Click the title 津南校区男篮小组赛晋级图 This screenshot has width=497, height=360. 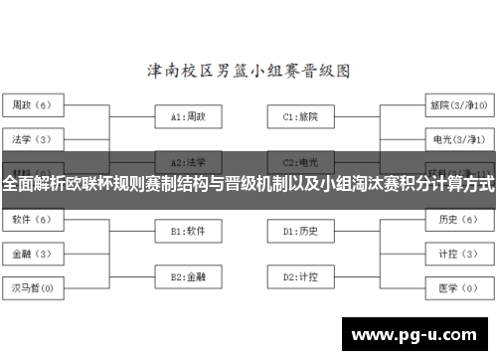[x=248, y=72]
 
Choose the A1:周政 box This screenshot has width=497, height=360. [x=188, y=116]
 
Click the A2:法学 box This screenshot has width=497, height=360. [x=188, y=161]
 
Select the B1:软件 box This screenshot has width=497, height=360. [x=188, y=231]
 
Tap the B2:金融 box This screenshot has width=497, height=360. [x=188, y=275]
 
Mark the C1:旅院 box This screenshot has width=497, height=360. [x=301, y=116]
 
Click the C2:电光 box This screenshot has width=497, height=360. [x=301, y=161]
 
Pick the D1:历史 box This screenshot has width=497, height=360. [x=301, y=231]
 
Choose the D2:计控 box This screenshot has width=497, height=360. [x=301, y=275]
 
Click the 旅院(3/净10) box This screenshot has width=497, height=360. [x=456, y=103]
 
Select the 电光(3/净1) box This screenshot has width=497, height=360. [x=456, y=138]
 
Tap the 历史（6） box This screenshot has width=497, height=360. [x=456, y=219]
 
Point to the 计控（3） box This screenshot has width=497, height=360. [x=456, y=254]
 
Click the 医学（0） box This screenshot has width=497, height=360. [x=456, y=288]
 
